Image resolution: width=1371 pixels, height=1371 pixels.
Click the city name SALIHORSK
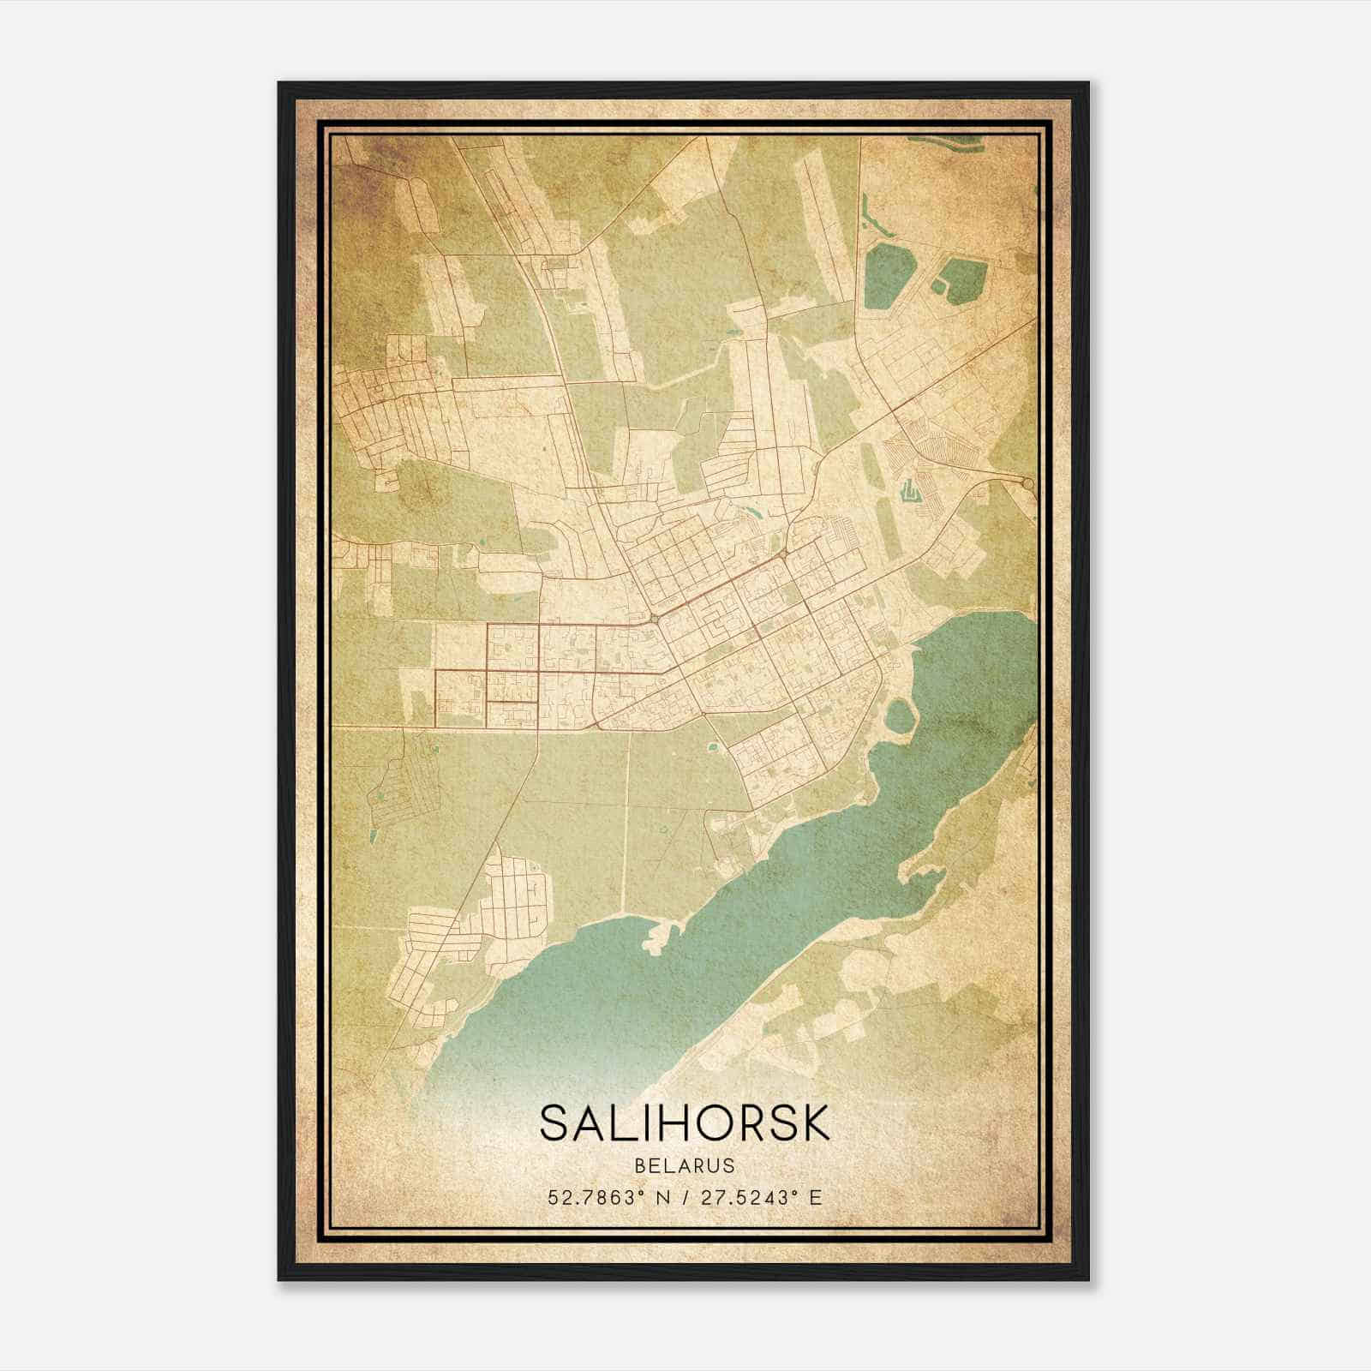pos(685,1123)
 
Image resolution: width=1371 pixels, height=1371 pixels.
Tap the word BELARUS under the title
pos(685,1166)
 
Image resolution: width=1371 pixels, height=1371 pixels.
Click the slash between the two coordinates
pos(685,1198)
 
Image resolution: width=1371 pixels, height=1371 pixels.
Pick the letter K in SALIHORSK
pos(814,1123)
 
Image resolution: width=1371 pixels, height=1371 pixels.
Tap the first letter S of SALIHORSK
pos(554,1123)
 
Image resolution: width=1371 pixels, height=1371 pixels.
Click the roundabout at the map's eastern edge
pos(1027,485)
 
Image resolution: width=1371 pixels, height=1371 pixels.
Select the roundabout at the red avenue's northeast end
pos(784,554)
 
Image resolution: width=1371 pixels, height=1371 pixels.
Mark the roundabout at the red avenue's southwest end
pos(653,618)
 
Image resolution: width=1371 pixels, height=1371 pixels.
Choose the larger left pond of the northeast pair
pos(887,276)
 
